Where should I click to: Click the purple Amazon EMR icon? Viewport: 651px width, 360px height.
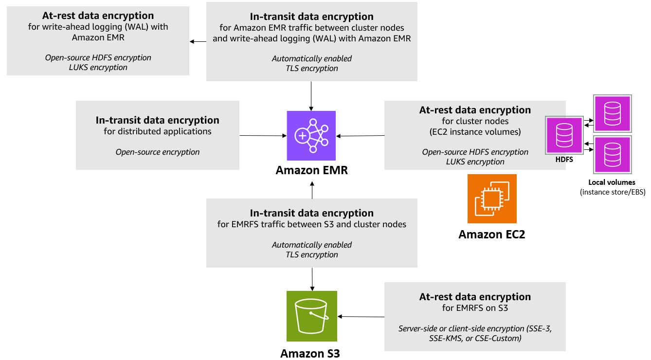tap(311, 135)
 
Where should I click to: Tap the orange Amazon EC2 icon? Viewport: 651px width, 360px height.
tap(492, 198)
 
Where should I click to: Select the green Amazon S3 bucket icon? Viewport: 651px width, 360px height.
tap(311, 316)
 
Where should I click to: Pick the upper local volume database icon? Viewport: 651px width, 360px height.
tap(612, 114)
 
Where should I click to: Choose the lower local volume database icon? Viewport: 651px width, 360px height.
tap(612, 155)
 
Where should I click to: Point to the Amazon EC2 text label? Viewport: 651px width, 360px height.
tap(492, 234)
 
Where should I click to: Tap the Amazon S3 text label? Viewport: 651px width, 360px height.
tap(310, 353)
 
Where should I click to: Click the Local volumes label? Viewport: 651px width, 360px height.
tap(612, 182)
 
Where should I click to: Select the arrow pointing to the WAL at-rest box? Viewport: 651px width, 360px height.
tap(198, 42)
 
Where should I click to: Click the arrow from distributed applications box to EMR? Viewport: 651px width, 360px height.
tap(263, 135)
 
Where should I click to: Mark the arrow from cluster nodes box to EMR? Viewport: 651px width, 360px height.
tap(361, 136)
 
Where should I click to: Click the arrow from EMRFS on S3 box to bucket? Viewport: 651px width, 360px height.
tap(361, 317)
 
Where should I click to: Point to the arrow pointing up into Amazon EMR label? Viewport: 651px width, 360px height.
tap(312, 190)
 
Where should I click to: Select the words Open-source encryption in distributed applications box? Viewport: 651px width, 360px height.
tap(158, 152)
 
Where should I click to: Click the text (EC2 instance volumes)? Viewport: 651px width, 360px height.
tap(475, 131)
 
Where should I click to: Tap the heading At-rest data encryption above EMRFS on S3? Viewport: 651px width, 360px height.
tap(475, 297)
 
